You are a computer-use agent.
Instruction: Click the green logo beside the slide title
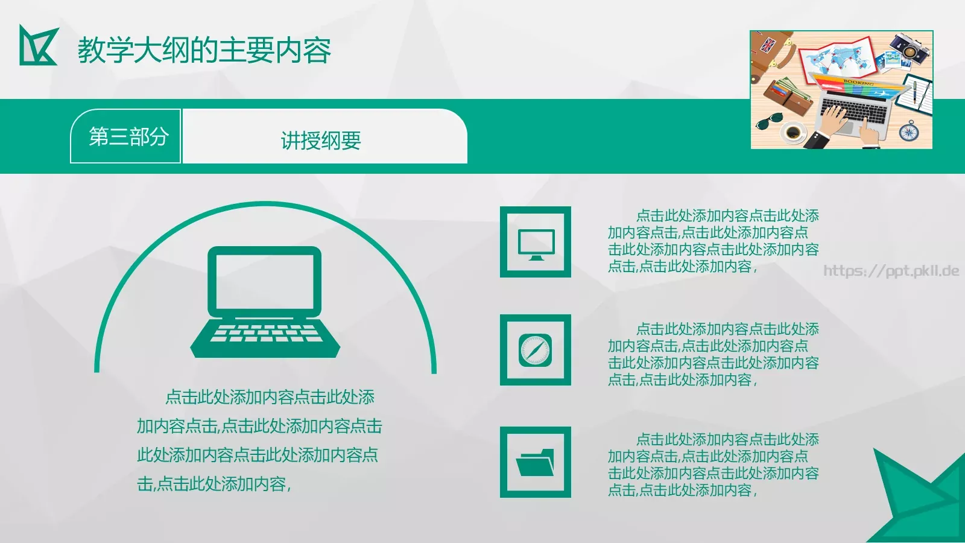click(x=38, y=45)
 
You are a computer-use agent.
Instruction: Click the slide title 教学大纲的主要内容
click(x=204, y=50)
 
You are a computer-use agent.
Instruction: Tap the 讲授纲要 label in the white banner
click(x=321, y=141)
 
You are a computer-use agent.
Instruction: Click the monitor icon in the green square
click(x=536, y=244)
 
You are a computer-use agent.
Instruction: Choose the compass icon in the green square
click(x=535, y=350)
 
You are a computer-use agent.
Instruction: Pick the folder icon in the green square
click(x=535, y=462)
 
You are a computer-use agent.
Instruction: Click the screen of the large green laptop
click(x=265, y=282)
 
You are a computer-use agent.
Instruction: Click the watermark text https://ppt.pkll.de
click(x=891, y=270)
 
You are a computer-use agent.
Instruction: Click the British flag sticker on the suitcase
click(x=768, y=45)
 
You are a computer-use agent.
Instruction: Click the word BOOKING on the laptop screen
click(x=859, y=81)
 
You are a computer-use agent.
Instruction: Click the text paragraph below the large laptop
click(x=259, y=440)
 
